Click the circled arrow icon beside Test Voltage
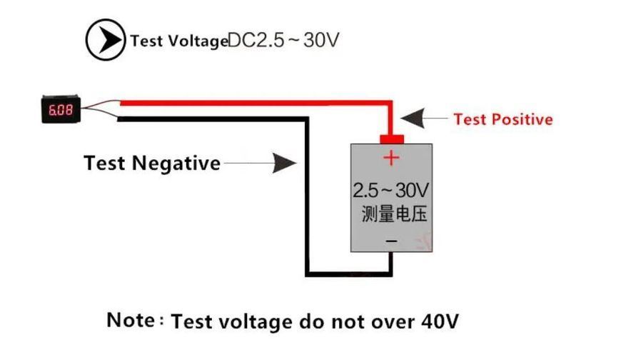pos(106,40)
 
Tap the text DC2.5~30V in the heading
pos(283,40)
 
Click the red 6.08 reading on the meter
pos(61,110)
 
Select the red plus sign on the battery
pos(391,158)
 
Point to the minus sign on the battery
pos(391,241)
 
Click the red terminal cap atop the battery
pos(392,139)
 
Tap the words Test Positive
pos(503,119)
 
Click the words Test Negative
pos(152,163)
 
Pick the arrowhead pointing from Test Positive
pos(413,118)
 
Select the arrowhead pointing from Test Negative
pos(284,163)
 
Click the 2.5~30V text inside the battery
pos(390,190)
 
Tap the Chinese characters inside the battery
pos(394,214)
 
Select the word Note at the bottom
pos(131,319)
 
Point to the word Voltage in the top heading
pos(198,41)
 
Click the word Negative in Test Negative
pos(176,163)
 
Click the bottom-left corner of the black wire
pos(308,274)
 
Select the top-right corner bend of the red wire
pos(390,103)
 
